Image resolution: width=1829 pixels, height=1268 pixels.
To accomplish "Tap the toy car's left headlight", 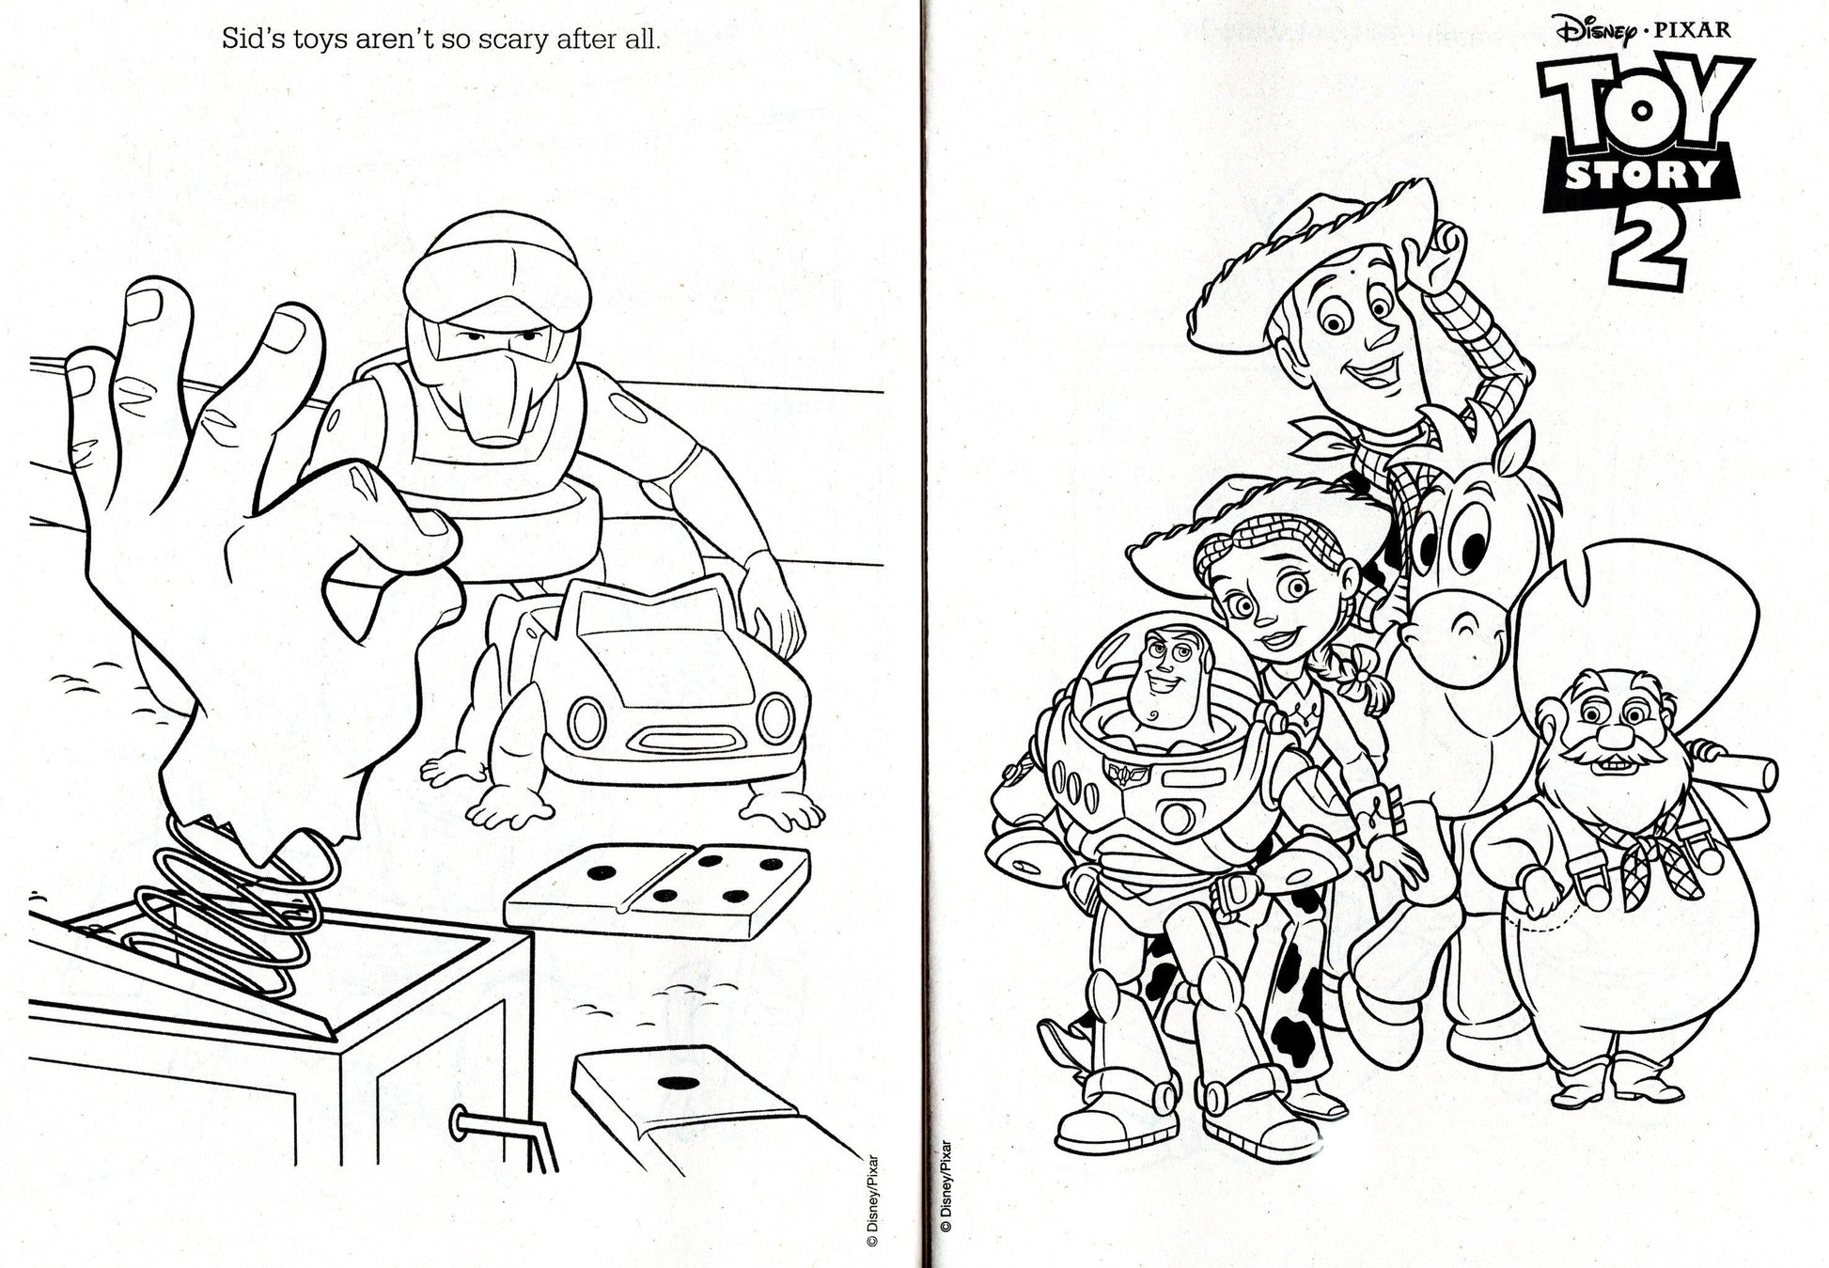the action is point(586,721).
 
